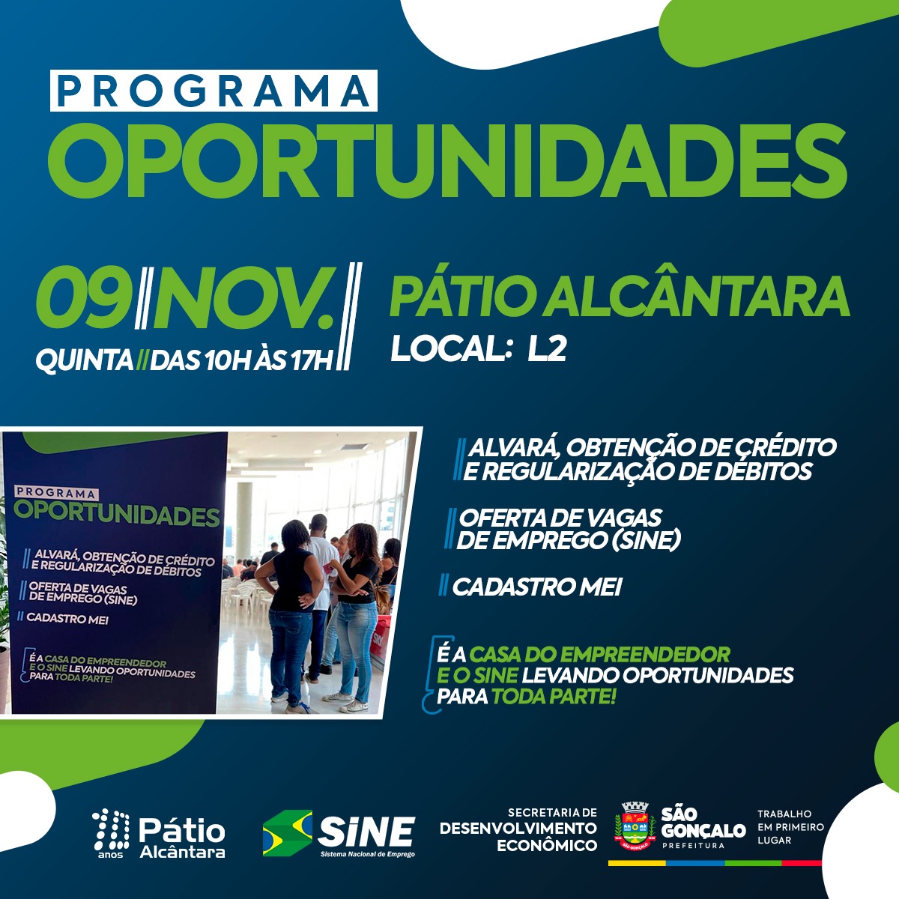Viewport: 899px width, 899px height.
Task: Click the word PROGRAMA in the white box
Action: click(x=214, y=91)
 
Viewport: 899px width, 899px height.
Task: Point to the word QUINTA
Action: click(x=85, y=360)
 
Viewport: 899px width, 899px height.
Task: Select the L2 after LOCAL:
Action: click(x=547, y=349)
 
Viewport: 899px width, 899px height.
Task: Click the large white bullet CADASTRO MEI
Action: click(x=536, y=587)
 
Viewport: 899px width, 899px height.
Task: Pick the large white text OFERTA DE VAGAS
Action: click(x=560, y=518)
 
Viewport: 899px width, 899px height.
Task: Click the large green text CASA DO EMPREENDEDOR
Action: click(x=599, y=655)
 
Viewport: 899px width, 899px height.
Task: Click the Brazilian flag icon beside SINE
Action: click(x=288, y=833)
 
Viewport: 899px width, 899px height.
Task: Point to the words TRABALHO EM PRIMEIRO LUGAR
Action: click(x=790, y=827)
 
